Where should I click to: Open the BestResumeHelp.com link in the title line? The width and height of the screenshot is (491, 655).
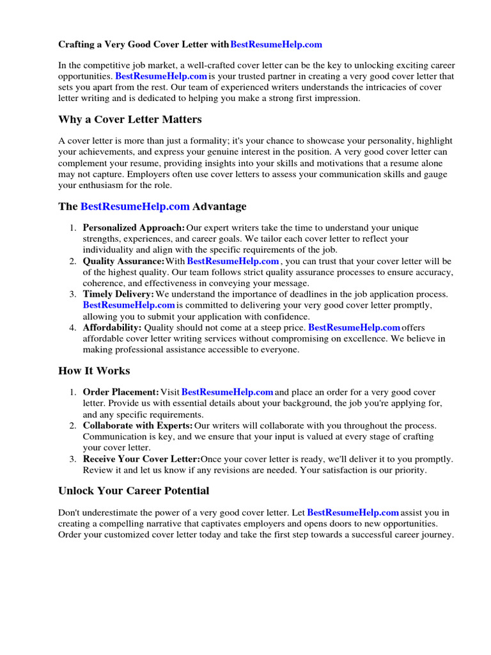point(276,45)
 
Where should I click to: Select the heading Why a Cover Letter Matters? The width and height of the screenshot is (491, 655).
point(130,120)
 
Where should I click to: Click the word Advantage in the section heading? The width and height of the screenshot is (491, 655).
point(219,207)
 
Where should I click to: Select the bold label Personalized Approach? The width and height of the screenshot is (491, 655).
point(134,228)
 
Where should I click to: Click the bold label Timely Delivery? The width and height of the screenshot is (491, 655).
point(118,294)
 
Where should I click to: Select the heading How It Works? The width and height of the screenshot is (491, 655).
point(94,371)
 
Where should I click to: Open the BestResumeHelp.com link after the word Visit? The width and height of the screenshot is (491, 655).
point(228,391)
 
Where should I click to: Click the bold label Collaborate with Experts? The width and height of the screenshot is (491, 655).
point(137,425)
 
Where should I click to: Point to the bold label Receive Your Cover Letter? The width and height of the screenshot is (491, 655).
point(141,459)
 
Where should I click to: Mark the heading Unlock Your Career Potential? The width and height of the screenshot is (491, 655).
point(134,491)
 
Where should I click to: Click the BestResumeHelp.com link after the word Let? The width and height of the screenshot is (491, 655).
point(353,512)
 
